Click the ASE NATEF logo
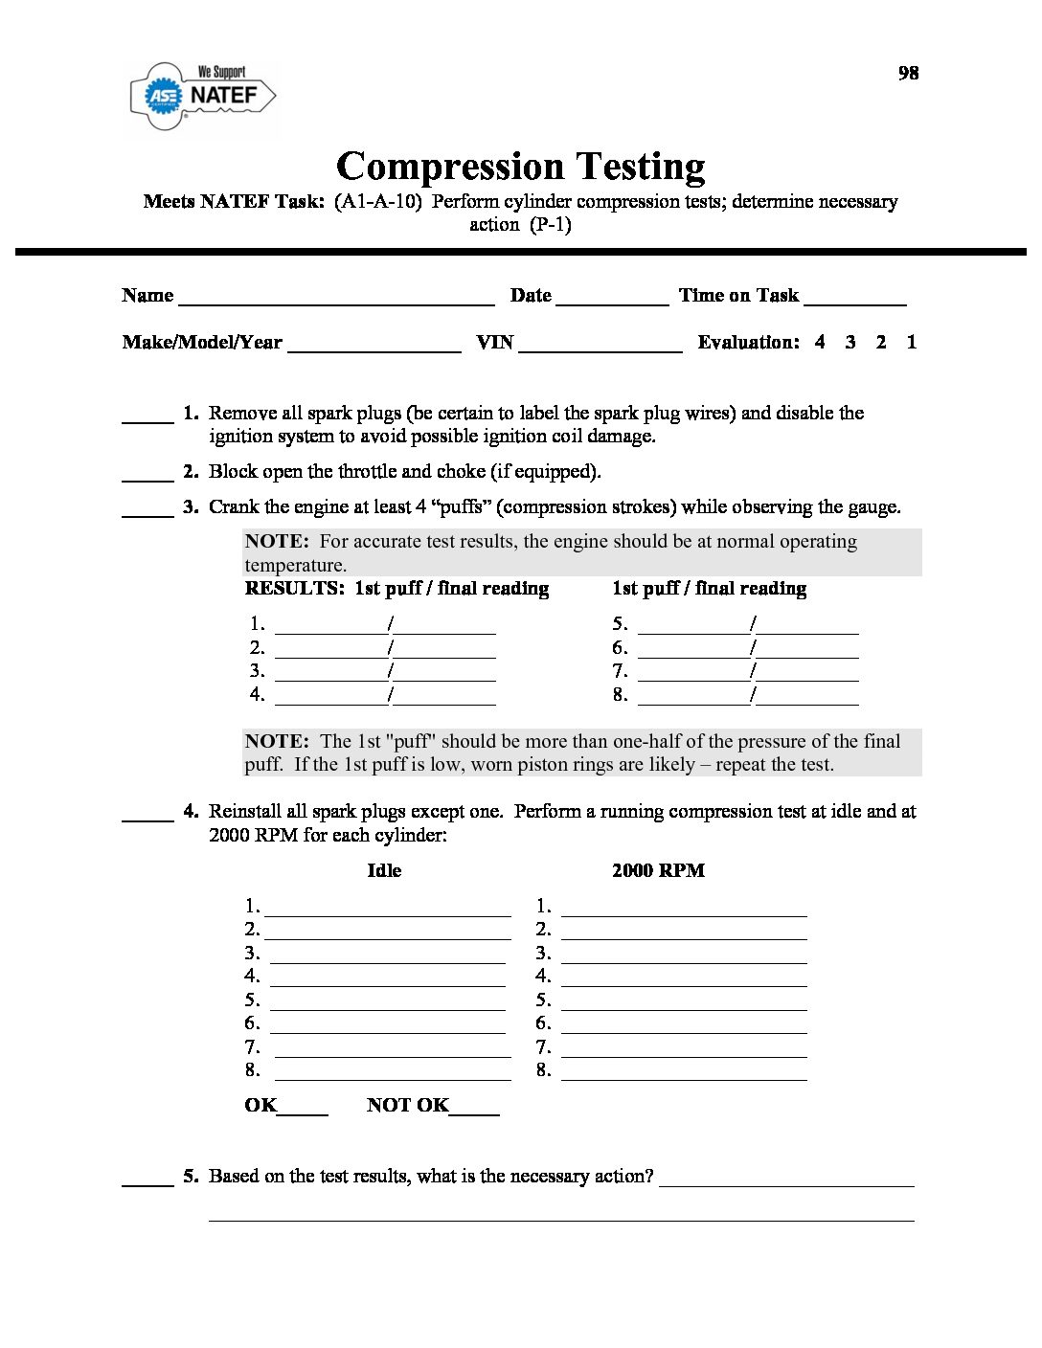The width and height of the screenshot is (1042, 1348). pyautogui.click(x=203, y=95)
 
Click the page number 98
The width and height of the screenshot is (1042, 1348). pyautogui.click(x=908, y=73)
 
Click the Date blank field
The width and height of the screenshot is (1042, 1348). pyautogui.click(x=612, y=299)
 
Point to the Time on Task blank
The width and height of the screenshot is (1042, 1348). pyautogui.click(x=855, y=299)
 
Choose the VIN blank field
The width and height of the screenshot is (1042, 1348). pyautogui.click(x=600, y=346)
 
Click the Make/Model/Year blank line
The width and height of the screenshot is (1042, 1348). pyautogui.click(x=374, y=346)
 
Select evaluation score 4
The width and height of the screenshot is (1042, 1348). pyautogui.click(x=820, y=342)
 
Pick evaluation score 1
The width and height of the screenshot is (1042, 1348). pyautogui.click(x=912, y=342)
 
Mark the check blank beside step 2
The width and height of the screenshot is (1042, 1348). pyautogui.click(x=147, y=475)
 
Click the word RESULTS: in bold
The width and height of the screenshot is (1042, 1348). pyautogui.click(x=295, y=589)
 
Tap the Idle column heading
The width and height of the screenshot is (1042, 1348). pyautogui.click(x=384, y=870)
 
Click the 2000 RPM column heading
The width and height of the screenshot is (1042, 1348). pyautogui.click(x=658, y=870)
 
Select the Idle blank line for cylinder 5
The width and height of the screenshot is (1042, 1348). pyautogui.click(x=388, y=1004)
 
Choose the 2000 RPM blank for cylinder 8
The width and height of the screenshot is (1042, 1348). pyautogui.click(x=684, y=1074)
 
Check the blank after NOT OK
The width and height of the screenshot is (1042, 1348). pyautogui.click(x=475, y=1110)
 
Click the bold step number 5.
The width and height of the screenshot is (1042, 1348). pyautogui.click(x=191, y=1176)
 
